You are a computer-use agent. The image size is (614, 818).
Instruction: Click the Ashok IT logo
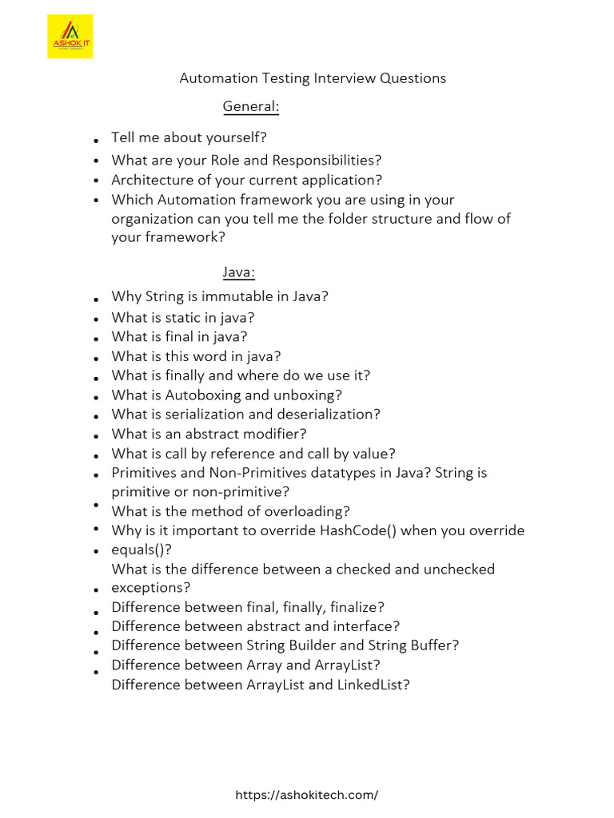[70, 36]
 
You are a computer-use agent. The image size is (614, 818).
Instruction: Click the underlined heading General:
[250, 106]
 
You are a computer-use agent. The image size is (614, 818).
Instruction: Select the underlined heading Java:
[238, 273]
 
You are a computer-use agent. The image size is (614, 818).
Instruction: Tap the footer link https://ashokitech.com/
[307, 795]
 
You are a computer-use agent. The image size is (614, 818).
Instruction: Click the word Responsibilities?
[327, 161]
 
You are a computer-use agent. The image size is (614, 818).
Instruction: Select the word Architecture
[150, 180]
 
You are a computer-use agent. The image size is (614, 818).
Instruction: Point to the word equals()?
[142, 550]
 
